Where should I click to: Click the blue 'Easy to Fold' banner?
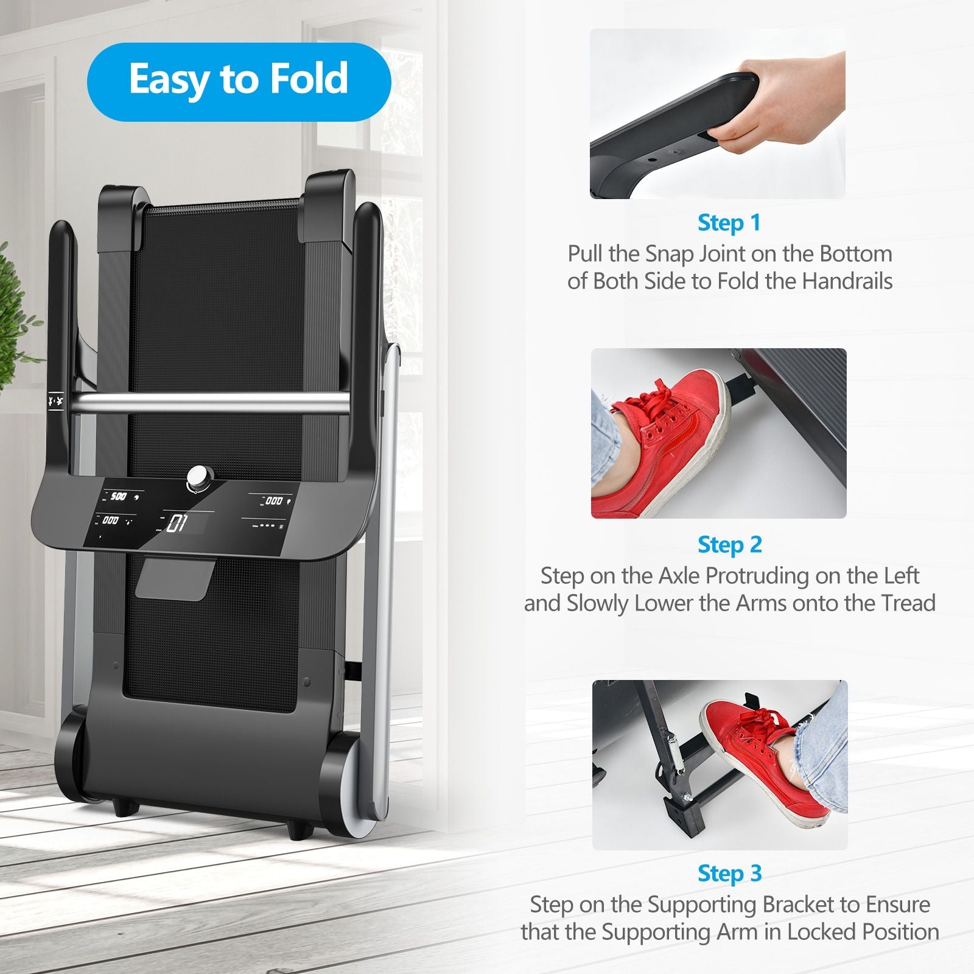click(x=239, y=82)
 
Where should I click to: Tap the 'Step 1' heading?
click(x=729, y=223)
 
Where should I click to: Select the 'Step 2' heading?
click(x=729, y=545)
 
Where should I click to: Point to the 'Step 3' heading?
click(x=729, y=874)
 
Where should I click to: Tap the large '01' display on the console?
click(x=176, y=523)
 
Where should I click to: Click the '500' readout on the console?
click(x=118, y=497)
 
